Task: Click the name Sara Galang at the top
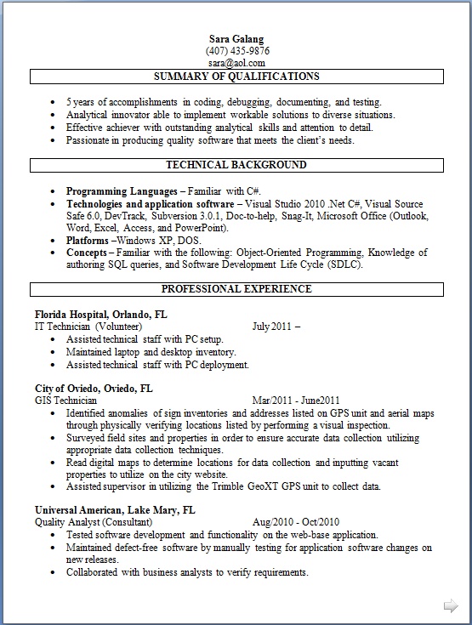236,39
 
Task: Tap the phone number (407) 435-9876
236,51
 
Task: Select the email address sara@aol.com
236,63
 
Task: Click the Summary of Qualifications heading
236,77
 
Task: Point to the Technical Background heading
236,165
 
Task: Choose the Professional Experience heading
236,289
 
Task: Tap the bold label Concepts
87,253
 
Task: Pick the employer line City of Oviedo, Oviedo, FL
94,388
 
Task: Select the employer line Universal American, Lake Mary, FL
115,510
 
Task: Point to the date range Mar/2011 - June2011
296,401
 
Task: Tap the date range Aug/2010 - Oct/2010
296,522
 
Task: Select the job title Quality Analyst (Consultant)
94,522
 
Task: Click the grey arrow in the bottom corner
450,605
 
